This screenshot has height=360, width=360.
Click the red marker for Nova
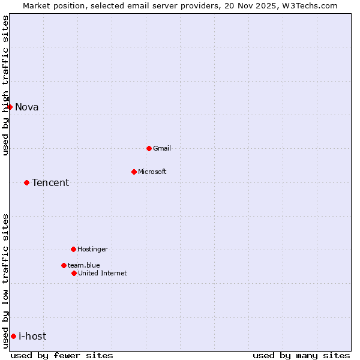[x=10, y=107]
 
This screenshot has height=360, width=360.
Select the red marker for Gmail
[x=149, y=148]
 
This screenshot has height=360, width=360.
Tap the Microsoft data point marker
[x=134, y=172]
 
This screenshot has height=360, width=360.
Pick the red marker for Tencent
[x=26, y=182]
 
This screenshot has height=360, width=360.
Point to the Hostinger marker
[x=73, y=249]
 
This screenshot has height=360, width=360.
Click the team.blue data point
[x=64, y=265]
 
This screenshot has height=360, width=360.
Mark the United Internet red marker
[x=74, y=273]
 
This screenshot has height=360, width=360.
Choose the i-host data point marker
[x=13, y=336]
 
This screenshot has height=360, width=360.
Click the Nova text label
[x=27, y=107]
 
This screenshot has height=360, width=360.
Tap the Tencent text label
[x=50, y=183]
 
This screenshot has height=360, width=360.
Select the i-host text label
[x=32, y=337]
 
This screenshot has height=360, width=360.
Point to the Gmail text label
[x=162, y=148]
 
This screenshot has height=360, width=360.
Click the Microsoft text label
[x=152, y=172]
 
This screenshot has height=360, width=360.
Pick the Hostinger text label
[x=92, y=249]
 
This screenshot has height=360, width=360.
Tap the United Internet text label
[x=103, y=273]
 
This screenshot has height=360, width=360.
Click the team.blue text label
[x=84, y=265]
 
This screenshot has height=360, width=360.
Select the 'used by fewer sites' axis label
[x=62, y=355]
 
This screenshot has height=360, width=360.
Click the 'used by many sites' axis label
[x=301, y=355]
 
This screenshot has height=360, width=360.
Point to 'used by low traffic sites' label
[x=6, y=281]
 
